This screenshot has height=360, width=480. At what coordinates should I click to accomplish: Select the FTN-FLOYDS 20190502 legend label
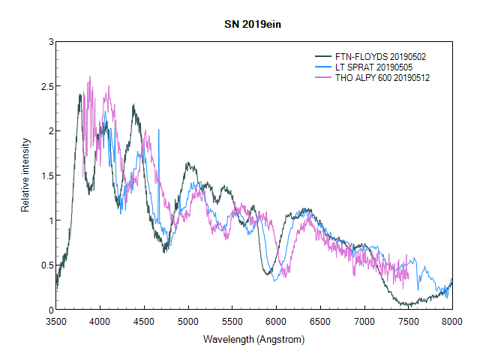click(381, 57)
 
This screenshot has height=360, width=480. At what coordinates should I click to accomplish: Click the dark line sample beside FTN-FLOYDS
click(323, 57)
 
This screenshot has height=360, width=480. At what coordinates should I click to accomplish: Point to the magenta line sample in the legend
click(323, 78)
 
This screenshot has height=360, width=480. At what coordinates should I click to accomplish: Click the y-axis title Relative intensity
click(25, 175)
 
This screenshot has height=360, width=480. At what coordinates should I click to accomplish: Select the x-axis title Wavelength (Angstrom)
click(253, 340)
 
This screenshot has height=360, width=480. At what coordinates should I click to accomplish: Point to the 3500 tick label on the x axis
click(56, 321)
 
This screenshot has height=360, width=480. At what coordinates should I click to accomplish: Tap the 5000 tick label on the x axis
click(187, 321)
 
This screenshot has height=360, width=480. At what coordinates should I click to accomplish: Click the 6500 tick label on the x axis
click(320, 321)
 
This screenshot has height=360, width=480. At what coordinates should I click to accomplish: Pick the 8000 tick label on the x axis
click(451, 321)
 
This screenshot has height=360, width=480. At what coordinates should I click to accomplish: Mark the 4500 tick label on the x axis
click(144, 321)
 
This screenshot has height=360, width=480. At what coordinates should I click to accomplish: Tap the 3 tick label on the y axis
click(49, 42)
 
